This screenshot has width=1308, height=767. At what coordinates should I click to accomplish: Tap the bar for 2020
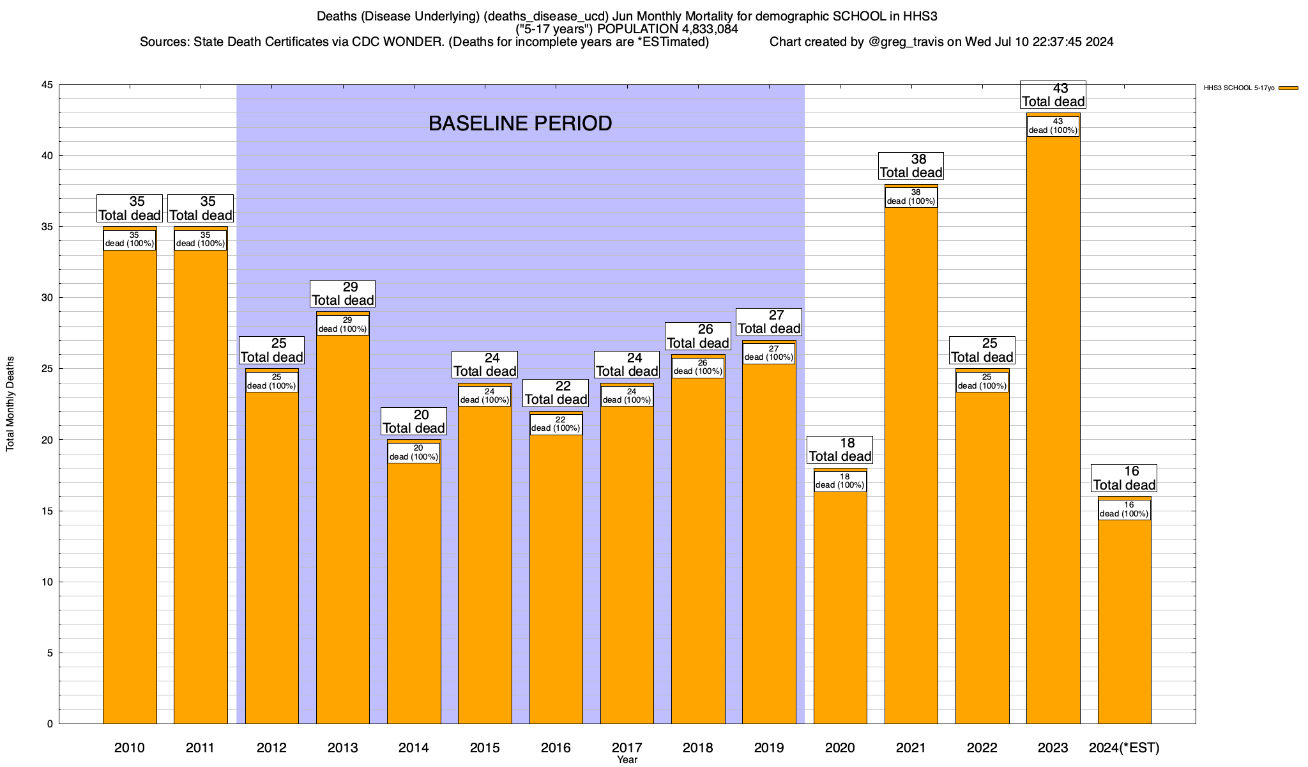tap(840, 607)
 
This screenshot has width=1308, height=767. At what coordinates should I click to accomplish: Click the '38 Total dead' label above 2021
tap(911, 166)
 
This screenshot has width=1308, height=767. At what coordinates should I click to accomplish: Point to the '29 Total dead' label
tap(343, 294)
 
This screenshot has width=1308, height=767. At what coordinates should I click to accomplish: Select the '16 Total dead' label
tap(1124, 478)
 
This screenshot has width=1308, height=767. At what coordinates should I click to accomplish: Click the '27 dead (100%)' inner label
tap(769, 353)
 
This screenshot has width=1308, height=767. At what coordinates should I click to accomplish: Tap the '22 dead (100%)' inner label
tap(556, 424)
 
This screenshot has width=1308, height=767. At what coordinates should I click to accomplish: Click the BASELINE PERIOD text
tap(520, 123)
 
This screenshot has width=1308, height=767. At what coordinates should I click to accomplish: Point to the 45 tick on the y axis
tap(47, 85)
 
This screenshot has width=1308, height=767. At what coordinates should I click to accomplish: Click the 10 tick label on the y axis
tap(47, 582)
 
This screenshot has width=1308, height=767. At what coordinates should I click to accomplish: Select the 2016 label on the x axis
tap(556, 748)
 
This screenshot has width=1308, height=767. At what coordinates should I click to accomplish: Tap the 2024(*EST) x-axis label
tap(1124, 748)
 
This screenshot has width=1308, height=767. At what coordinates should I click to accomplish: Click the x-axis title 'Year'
tap(627, 760)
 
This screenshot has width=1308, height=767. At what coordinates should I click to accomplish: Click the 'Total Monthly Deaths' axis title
tap(10, 404)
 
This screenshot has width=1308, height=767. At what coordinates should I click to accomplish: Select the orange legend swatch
tap(1289, 88)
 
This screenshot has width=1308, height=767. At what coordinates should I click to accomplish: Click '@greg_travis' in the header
tap(906, 42)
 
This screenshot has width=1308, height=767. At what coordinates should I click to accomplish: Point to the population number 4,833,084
tap(700, 29)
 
